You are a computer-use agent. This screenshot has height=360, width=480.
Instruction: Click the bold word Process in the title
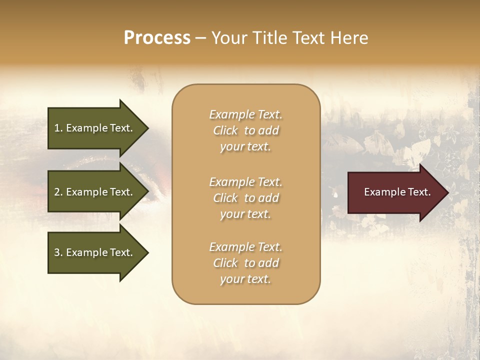click(157, 38)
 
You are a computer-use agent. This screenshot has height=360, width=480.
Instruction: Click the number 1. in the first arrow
click(58, 128)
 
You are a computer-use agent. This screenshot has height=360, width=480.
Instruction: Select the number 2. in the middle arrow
click(58, 192)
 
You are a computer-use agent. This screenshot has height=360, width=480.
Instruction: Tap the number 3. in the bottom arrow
click(58, 252)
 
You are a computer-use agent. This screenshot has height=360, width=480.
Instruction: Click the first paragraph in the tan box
click(245, 130)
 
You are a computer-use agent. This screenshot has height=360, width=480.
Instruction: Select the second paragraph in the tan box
click(245, 197)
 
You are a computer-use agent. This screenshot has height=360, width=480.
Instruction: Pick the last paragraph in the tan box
click(245, 263)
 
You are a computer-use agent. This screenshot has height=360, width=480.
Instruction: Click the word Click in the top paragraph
click(225, 130)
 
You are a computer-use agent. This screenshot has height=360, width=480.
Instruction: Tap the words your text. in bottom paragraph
click(245, 279)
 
